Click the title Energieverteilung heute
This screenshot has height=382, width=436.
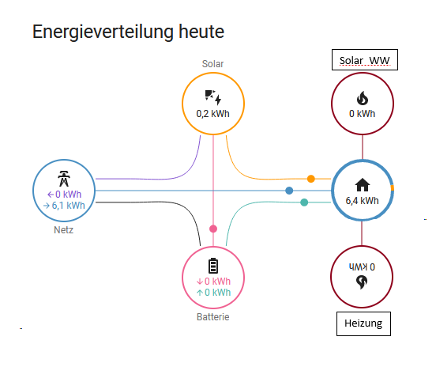click(128, 32)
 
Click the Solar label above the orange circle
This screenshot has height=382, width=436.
click(213, 63)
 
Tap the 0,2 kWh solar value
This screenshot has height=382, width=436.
click(212, 114)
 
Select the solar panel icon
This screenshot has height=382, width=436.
click(212, 97)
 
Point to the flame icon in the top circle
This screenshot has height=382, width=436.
click(362, 98)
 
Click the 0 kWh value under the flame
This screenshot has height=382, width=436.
click(362, 113)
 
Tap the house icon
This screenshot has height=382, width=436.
click(362, 185)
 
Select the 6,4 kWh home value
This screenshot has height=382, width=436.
click(362, 201)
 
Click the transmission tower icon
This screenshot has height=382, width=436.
click(65, 176)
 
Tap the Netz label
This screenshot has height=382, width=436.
click(63, 231)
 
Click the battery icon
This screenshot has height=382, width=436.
click(212, 265)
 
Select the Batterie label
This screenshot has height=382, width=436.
click(212, 317)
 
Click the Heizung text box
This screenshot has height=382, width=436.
click(363, 323)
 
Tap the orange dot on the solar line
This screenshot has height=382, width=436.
click(311, 179)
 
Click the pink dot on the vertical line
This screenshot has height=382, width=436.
click(212, 229)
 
